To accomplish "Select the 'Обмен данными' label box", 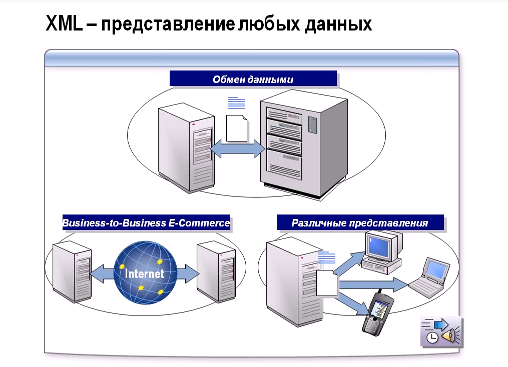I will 253,79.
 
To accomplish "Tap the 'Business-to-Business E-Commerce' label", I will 146,223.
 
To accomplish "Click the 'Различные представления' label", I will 360,223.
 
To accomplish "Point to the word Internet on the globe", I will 145,274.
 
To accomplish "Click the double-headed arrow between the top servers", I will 237,148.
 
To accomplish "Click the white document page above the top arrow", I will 237,128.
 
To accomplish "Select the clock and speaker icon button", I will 441,331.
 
